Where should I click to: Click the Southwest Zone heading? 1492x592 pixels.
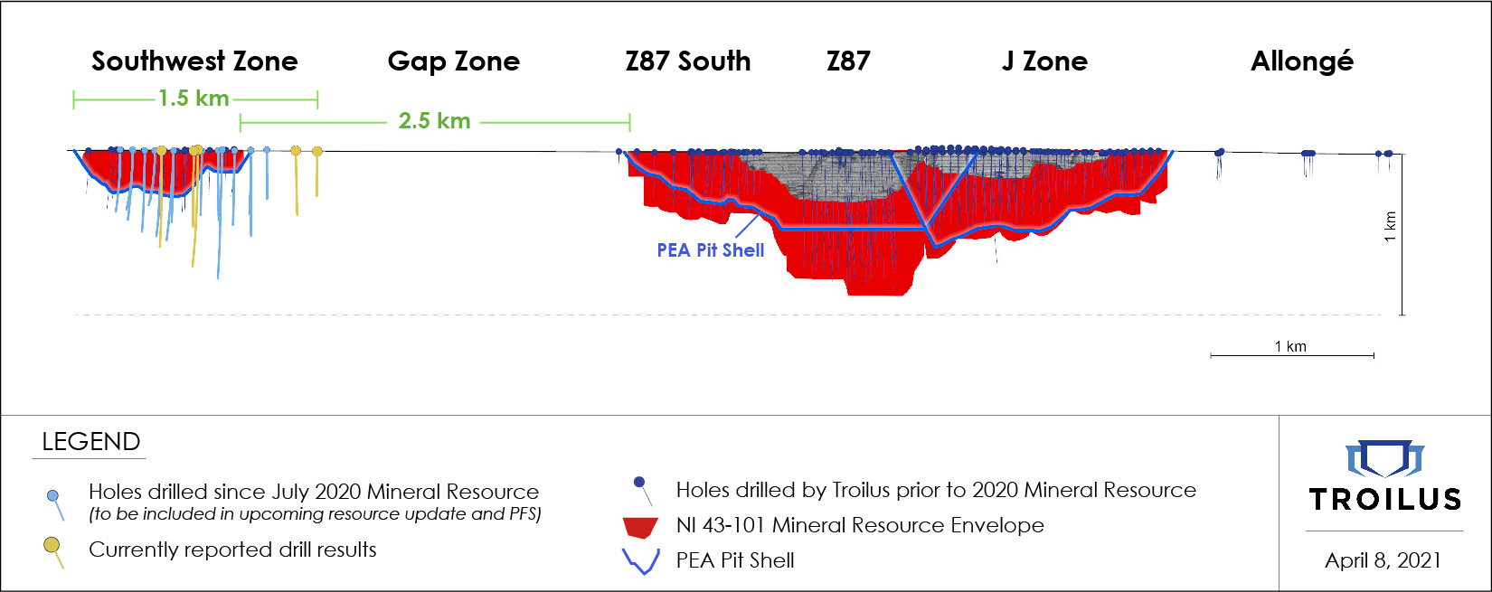[x=194, y=61]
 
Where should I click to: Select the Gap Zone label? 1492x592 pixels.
[x=453, y=61]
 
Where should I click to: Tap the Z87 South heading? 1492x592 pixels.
[x=687, y=61]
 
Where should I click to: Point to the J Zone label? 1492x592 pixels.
[x=1044, y=61]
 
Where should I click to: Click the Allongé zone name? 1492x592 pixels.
[x=1302, y=61]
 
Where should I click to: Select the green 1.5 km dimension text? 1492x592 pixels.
[x=194, y=99]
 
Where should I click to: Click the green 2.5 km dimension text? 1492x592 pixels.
[x=434, y=121]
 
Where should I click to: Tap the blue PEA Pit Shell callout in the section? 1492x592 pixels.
[x=710, y=250]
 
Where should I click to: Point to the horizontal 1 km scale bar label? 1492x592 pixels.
[x=1290, y=346]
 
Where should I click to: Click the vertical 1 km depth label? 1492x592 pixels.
[x=1390, y=226]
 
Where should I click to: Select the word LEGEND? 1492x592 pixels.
[x=91, y=442]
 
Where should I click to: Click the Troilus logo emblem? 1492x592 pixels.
[x=1384, y=458]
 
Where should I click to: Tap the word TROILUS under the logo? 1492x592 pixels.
[x=1384, y=499]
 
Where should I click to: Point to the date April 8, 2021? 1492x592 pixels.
[x=1383, y=560]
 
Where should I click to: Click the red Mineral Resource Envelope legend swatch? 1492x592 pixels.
[x=641, y=527]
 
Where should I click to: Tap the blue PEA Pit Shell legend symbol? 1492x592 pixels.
[x=641, y=561]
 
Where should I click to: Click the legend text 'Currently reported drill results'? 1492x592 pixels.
[x=232, y=550]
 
